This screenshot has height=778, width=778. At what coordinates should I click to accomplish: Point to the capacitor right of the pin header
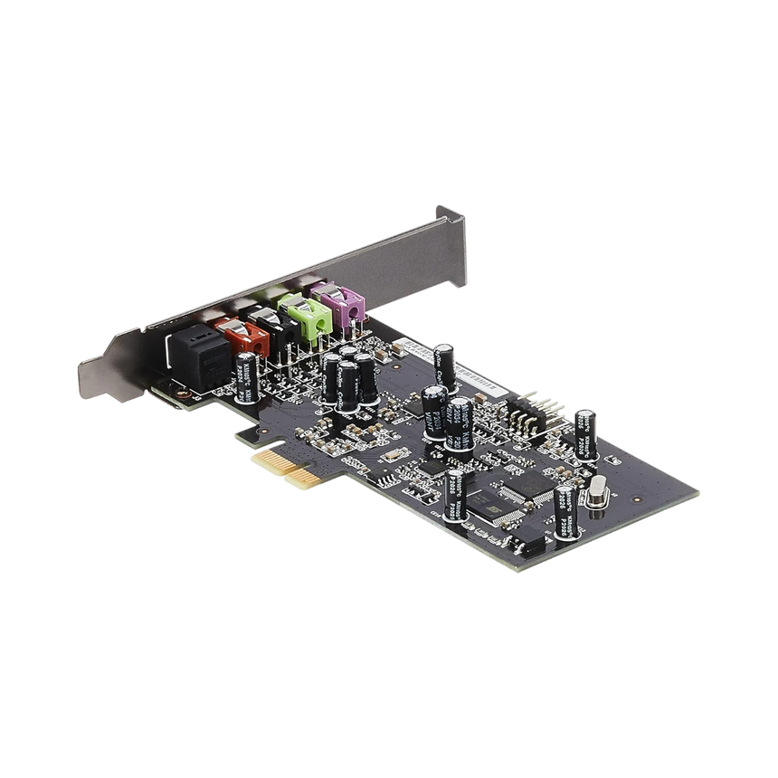click(x=587, y=431)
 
